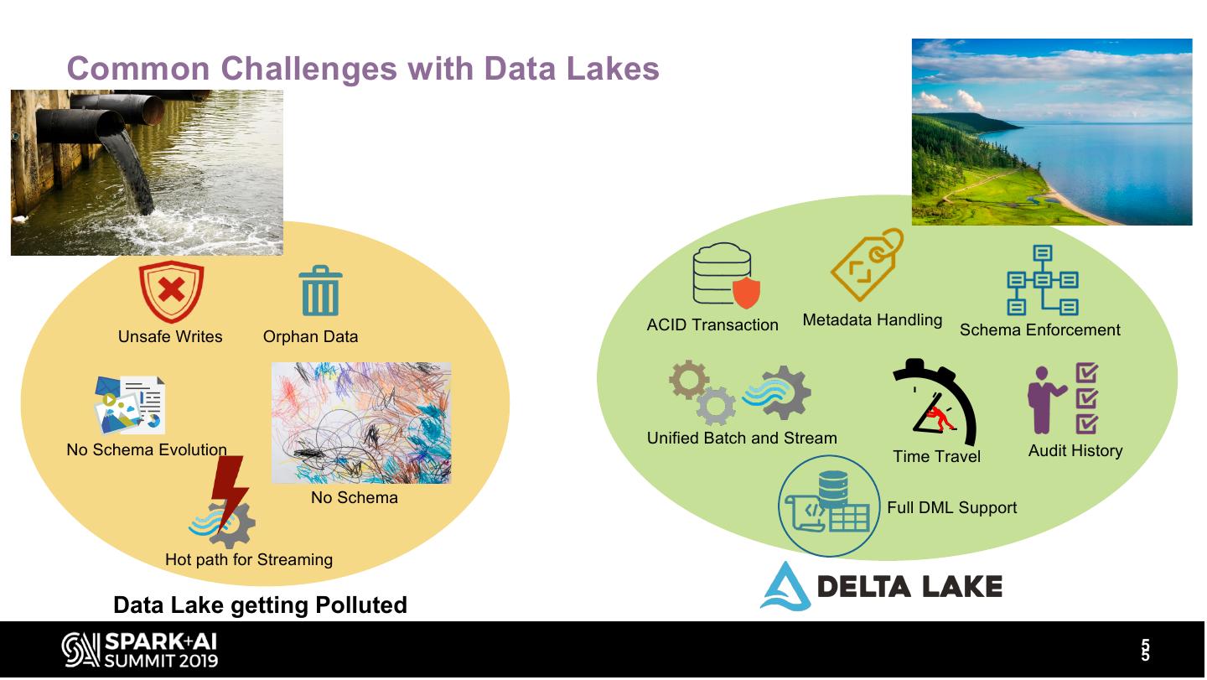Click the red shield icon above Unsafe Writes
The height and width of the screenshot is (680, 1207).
171,291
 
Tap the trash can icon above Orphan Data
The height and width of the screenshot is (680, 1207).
320,291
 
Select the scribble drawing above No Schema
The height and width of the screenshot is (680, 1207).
361,423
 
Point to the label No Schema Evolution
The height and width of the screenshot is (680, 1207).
147,450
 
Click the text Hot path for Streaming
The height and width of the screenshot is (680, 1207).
249,560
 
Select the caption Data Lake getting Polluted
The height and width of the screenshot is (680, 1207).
260,605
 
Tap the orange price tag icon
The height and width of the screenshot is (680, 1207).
867,264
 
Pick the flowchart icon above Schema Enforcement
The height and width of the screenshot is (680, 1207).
1042,280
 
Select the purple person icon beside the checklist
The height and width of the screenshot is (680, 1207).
1042,399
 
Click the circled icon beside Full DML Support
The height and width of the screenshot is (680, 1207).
830,506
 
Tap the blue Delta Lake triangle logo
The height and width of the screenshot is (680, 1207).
785,586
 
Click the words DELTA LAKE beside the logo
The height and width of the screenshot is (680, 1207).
909,586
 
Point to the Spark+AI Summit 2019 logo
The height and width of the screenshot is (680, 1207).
139,650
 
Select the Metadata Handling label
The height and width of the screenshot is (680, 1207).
872,320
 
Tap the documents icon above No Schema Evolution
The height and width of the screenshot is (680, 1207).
130,405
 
